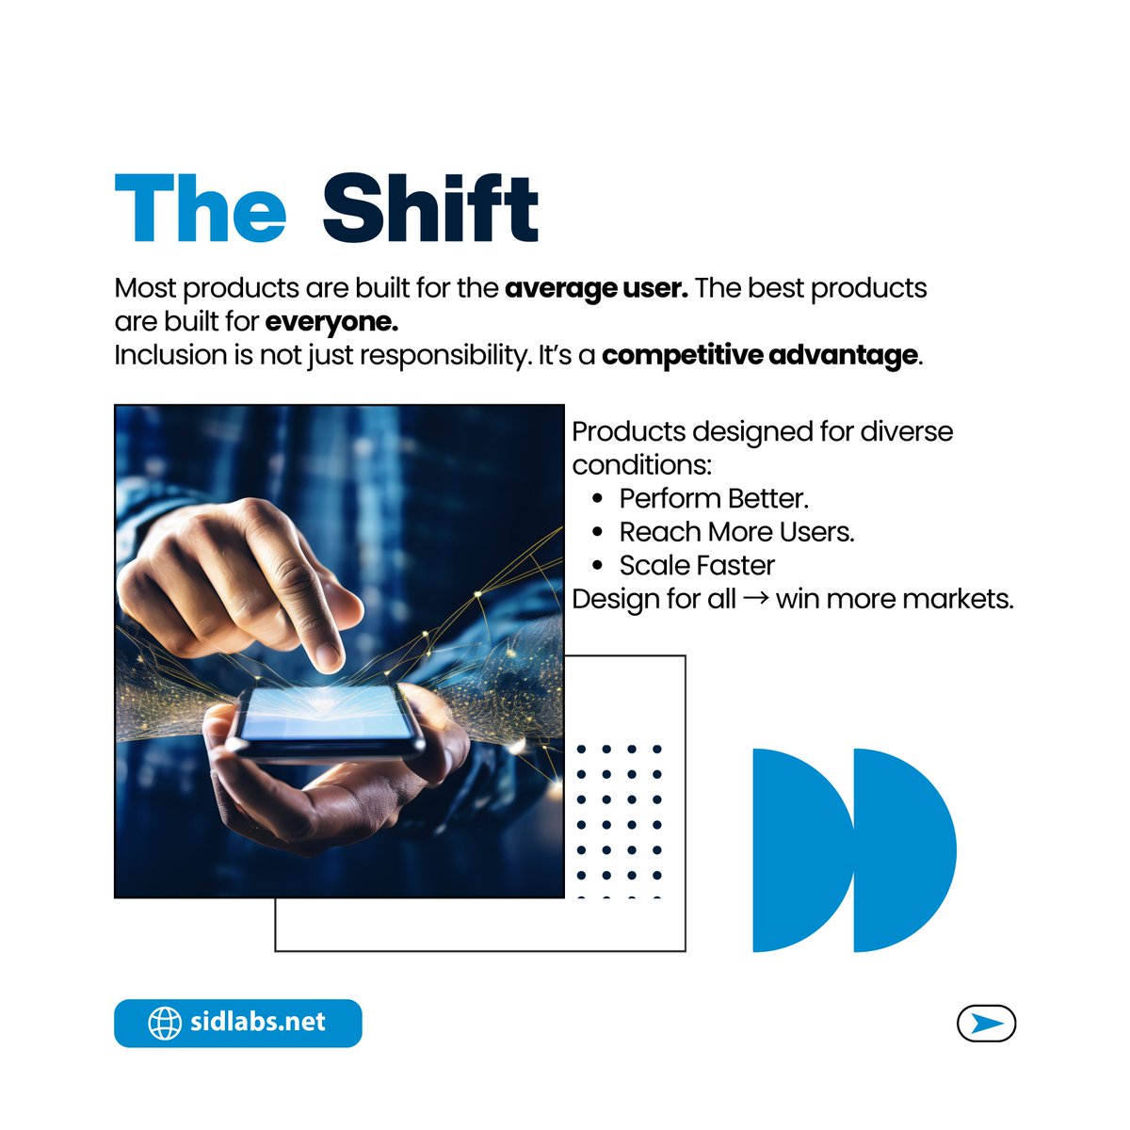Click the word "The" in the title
pos(200,208)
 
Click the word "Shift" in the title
pos(429,208)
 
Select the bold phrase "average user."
pos(596,288)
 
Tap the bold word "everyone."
pos(331,322)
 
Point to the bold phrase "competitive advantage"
pos(759,356)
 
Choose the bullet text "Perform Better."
pos(714,498)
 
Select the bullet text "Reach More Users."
pos(736,532)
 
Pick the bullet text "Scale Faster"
pos(697,566)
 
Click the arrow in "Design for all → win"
pos(755,599)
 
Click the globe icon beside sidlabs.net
pos(165,1023)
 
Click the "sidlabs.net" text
pos(257,1023)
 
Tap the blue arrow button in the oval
pos(986,1024)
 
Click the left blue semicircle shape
pos(796,850)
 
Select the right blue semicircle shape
pos(899,850)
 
